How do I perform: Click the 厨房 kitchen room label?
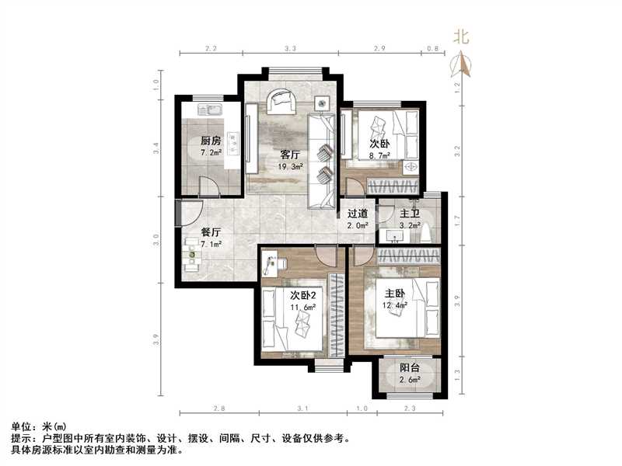click(x=211, y=141)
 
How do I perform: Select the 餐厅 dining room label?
click(x=211, y=231)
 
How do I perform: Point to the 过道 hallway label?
click(x=357, y=213)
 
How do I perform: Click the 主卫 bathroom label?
click(x=410, y=214)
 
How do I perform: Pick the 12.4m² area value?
click(x=395, y=305)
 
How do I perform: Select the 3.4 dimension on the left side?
click(x=156, y=145)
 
